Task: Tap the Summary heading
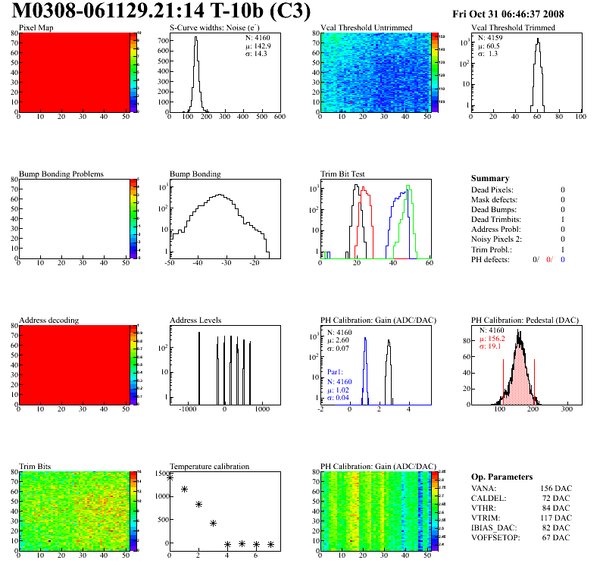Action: click(490, 178)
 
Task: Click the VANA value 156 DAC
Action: click(552, 488)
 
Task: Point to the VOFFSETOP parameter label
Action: click(495, 537)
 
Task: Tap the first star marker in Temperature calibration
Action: click(170, 477)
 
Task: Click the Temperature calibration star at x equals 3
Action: click(214, 523)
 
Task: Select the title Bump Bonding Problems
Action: click(61, 174)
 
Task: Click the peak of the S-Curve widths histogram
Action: click(195, 39)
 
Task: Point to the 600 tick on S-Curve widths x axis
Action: click(279, 117)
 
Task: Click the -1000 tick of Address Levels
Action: click(187, 409)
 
